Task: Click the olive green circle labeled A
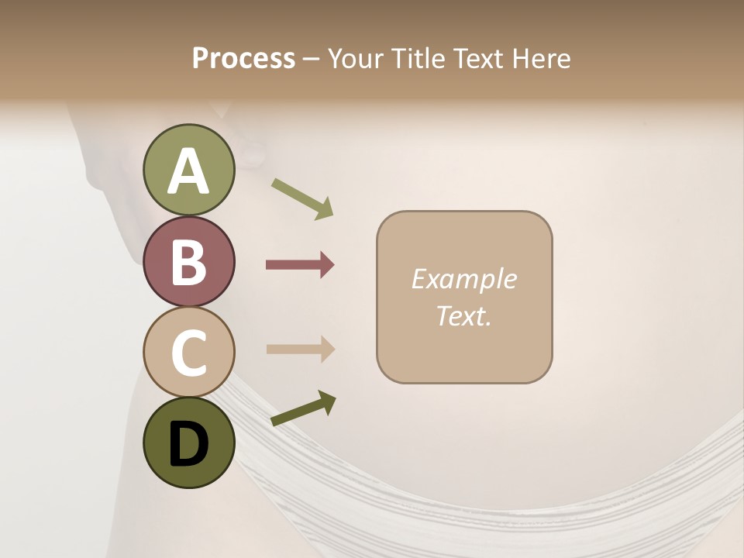pyautogui.click(x=189, y=170)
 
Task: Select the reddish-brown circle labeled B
pyautogui.click(x=189, y=261)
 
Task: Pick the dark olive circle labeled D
pyautogui.click(x=189, y=443)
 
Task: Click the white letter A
pyautogui.click(x=189, y=171)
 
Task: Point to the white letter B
pyautogui.click(x=189, y=262)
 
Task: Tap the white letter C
pyautogui.click(x=189, y=353)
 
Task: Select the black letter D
pyautogui.click(x=189, y=446)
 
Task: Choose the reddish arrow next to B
pyautogui.click(x=300, y=265)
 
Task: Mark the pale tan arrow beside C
pyautogui.click(x=300, y=349)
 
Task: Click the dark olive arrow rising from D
pyautogui.click(x=303, y=408)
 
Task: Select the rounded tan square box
pyautogui.click(x=464, y=298)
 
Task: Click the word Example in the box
pyautogui.click(x=464, y=279)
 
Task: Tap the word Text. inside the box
pyautogui.click(x=464, y=316)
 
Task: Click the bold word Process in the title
pyautogui.click(x=243, y=58)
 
